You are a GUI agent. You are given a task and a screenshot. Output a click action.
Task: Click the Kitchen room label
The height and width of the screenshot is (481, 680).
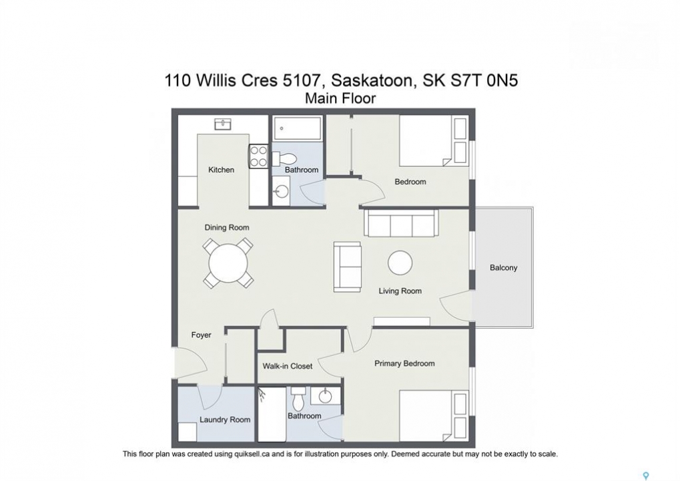pyautogui.click(x=221, y=170)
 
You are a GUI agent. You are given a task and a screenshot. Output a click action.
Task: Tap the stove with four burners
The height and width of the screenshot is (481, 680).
pyautogui.click(x=259, y=156)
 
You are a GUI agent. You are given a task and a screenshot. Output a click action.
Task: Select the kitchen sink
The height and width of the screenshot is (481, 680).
pyautogui.click(x=223, y=124)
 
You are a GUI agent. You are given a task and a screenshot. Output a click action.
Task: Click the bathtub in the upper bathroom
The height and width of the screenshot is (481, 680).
pyautogui.click(x=297, y=128)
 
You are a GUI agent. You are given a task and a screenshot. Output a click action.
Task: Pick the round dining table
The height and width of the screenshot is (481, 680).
pyautogui.click(x=228, y=263)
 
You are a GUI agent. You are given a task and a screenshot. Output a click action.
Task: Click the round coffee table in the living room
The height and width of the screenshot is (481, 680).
pyautogui.click(x=400, y=263)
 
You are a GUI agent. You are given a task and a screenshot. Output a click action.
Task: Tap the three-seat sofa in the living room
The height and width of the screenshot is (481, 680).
pyautogui.click(x=401, y=224)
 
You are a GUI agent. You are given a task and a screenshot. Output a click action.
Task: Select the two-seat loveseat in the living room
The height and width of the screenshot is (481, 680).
pyautogui.click(x=348, y=267)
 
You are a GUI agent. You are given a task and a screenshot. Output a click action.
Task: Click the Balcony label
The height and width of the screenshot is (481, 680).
pyautogui.click(x=504, y=268)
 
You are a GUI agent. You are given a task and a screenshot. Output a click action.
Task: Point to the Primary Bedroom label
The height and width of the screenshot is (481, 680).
pyautogui.click(x=404, y=364)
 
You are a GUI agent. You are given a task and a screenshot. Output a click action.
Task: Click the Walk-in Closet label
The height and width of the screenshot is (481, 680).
pyautogui.click(x=287, y=366)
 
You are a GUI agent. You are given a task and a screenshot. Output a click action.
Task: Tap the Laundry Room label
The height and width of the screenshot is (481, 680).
pyautogui.click(x=225, y=420)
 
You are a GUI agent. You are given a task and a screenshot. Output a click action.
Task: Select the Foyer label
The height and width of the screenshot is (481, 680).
pyautogui.click(x=202, y=335)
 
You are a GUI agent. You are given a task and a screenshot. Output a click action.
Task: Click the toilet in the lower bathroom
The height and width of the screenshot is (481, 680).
pyautogui.click(x=298, y=399)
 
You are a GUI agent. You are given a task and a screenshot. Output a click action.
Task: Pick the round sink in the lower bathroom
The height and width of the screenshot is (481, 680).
pyautogui.click(x=325, y=396)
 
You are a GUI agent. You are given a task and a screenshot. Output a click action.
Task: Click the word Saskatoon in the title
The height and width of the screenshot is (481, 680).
pyautogui.click(x=371, y=81)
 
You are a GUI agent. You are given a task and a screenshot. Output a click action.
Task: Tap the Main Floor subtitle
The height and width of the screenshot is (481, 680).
pyautogui.click(x=340, y=99)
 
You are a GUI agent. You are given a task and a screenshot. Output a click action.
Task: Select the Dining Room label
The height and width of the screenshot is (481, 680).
pyautogui.click(x=227, y=228)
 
